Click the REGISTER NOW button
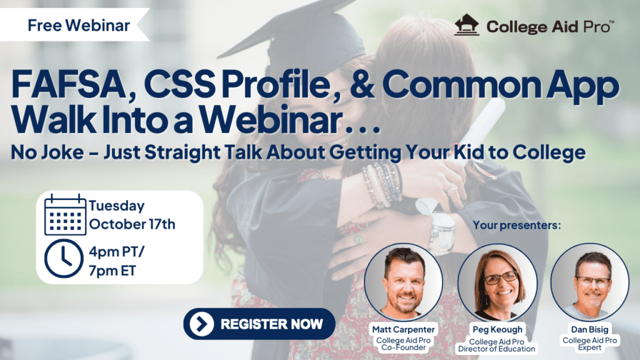(259, 324)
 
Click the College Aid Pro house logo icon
(466, 26)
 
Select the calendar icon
(66, 214)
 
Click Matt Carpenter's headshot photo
(403, 282)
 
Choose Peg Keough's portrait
(497, 282)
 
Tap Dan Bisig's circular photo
(589, 282)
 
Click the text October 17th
(132, 224)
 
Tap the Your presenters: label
(517, 224)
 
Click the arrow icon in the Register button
(201, 324)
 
